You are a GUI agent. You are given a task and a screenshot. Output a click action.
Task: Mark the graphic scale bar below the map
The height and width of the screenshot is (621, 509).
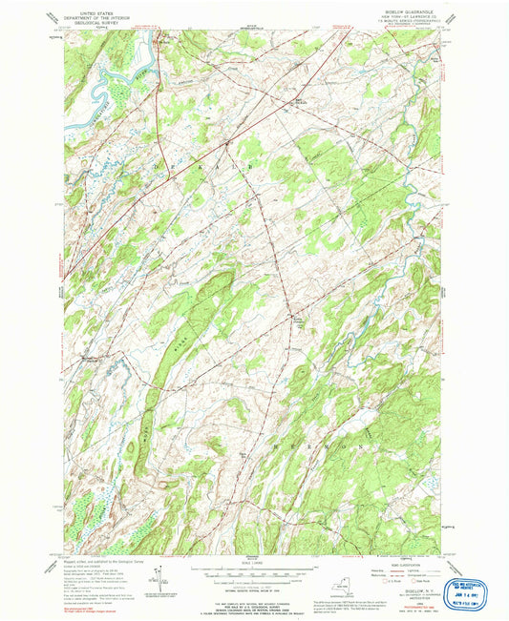point(252,570)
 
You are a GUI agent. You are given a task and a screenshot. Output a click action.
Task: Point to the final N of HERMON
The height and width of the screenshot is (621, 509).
point(364,444)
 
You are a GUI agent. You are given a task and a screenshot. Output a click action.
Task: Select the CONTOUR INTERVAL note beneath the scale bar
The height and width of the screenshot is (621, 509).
point(252,579)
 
